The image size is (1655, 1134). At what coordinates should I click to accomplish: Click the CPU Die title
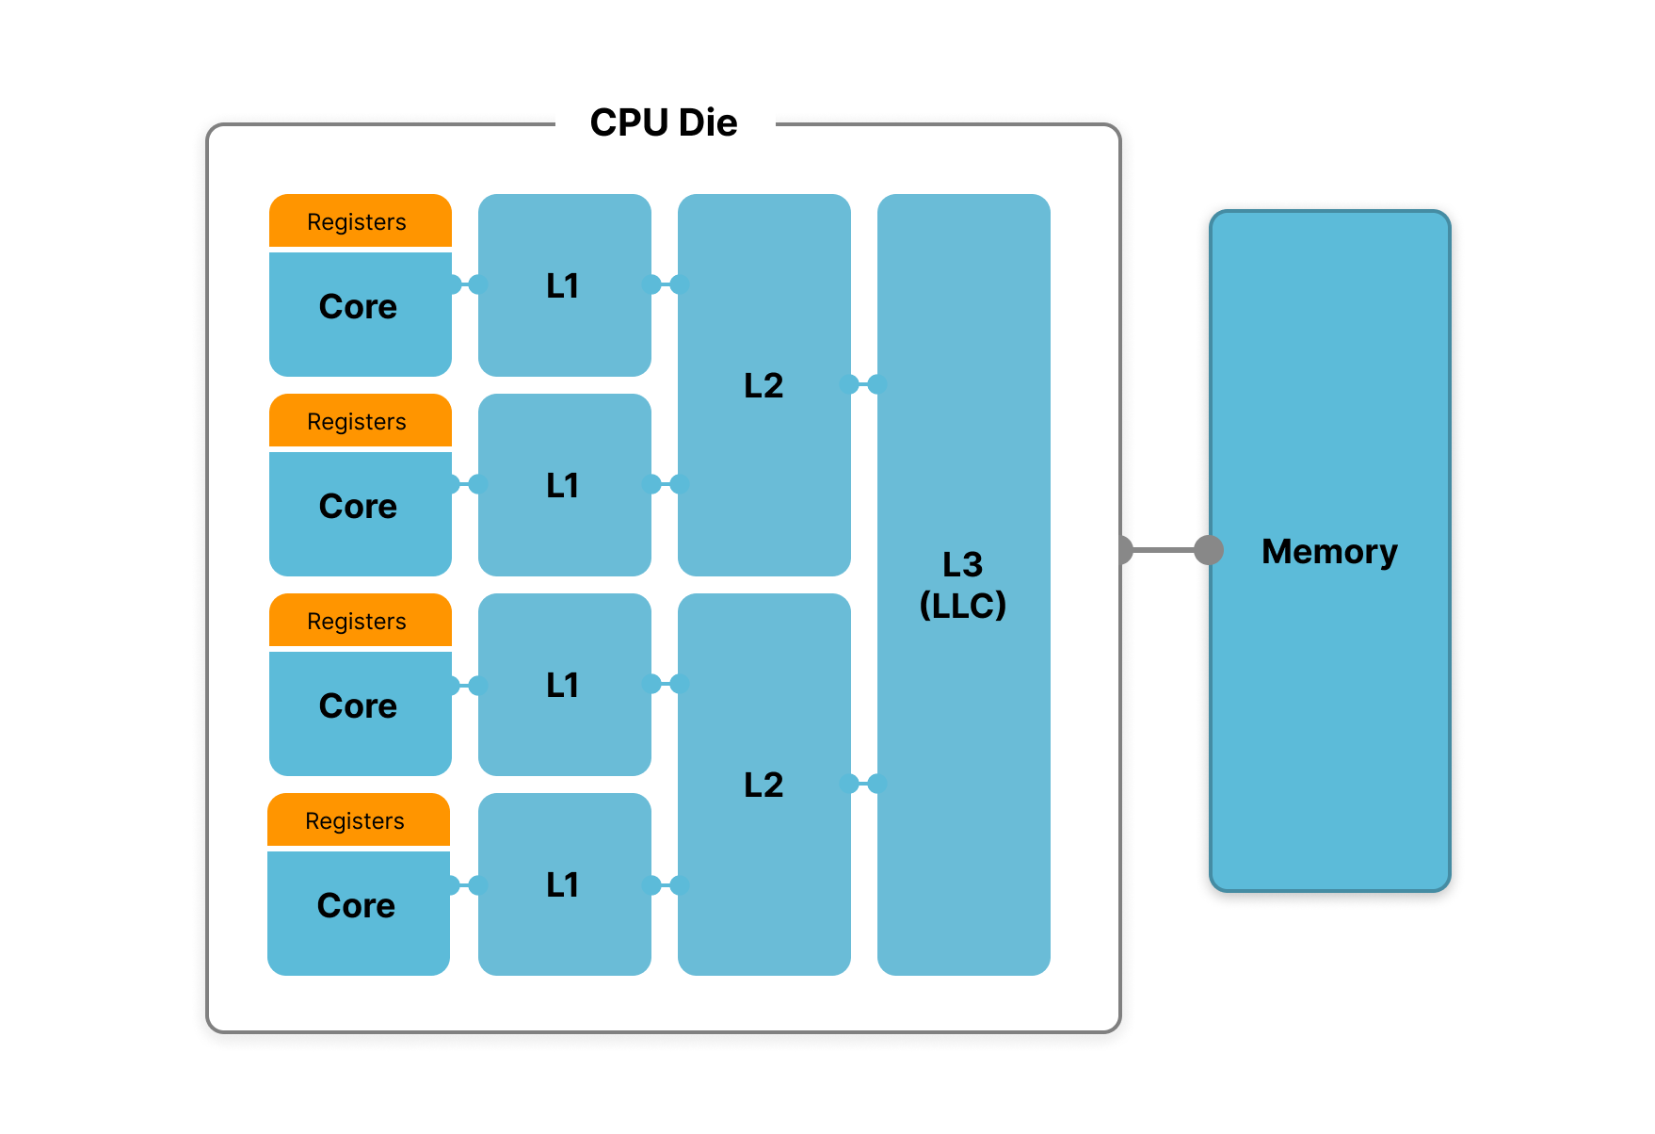tap(664, 122)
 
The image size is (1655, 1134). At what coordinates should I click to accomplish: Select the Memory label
tap(1329, 552)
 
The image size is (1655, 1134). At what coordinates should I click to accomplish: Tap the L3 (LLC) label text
tap(963, 585)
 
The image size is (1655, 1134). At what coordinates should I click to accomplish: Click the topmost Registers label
tap(357, 222)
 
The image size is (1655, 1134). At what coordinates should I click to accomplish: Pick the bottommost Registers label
tap(355, 821)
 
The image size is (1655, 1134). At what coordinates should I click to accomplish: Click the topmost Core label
tap(358, 307)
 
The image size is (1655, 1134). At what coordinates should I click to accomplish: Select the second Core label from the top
tap(358, 507)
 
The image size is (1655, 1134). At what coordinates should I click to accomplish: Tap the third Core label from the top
tap(358, 706)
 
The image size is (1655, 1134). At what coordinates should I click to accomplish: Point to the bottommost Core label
tap(356, 906)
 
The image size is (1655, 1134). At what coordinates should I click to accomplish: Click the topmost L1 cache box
tap(565, 285)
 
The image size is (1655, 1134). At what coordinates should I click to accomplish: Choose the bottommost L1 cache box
tap(565, 884)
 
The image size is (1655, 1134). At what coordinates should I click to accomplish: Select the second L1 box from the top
tap(565, 485)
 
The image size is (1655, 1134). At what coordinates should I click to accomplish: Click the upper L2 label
tap(763, 385)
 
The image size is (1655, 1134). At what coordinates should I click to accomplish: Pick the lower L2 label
tap(763, 785)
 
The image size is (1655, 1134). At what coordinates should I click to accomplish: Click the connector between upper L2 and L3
tap(863, 384)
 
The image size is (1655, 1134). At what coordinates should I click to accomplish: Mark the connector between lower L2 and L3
tap(863, 784)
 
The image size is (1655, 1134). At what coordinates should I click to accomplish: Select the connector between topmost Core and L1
tap(465, 284)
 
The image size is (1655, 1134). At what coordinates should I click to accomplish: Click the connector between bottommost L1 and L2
tap(665, 885)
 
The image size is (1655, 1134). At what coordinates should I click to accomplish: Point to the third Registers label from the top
tap(357, 622)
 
